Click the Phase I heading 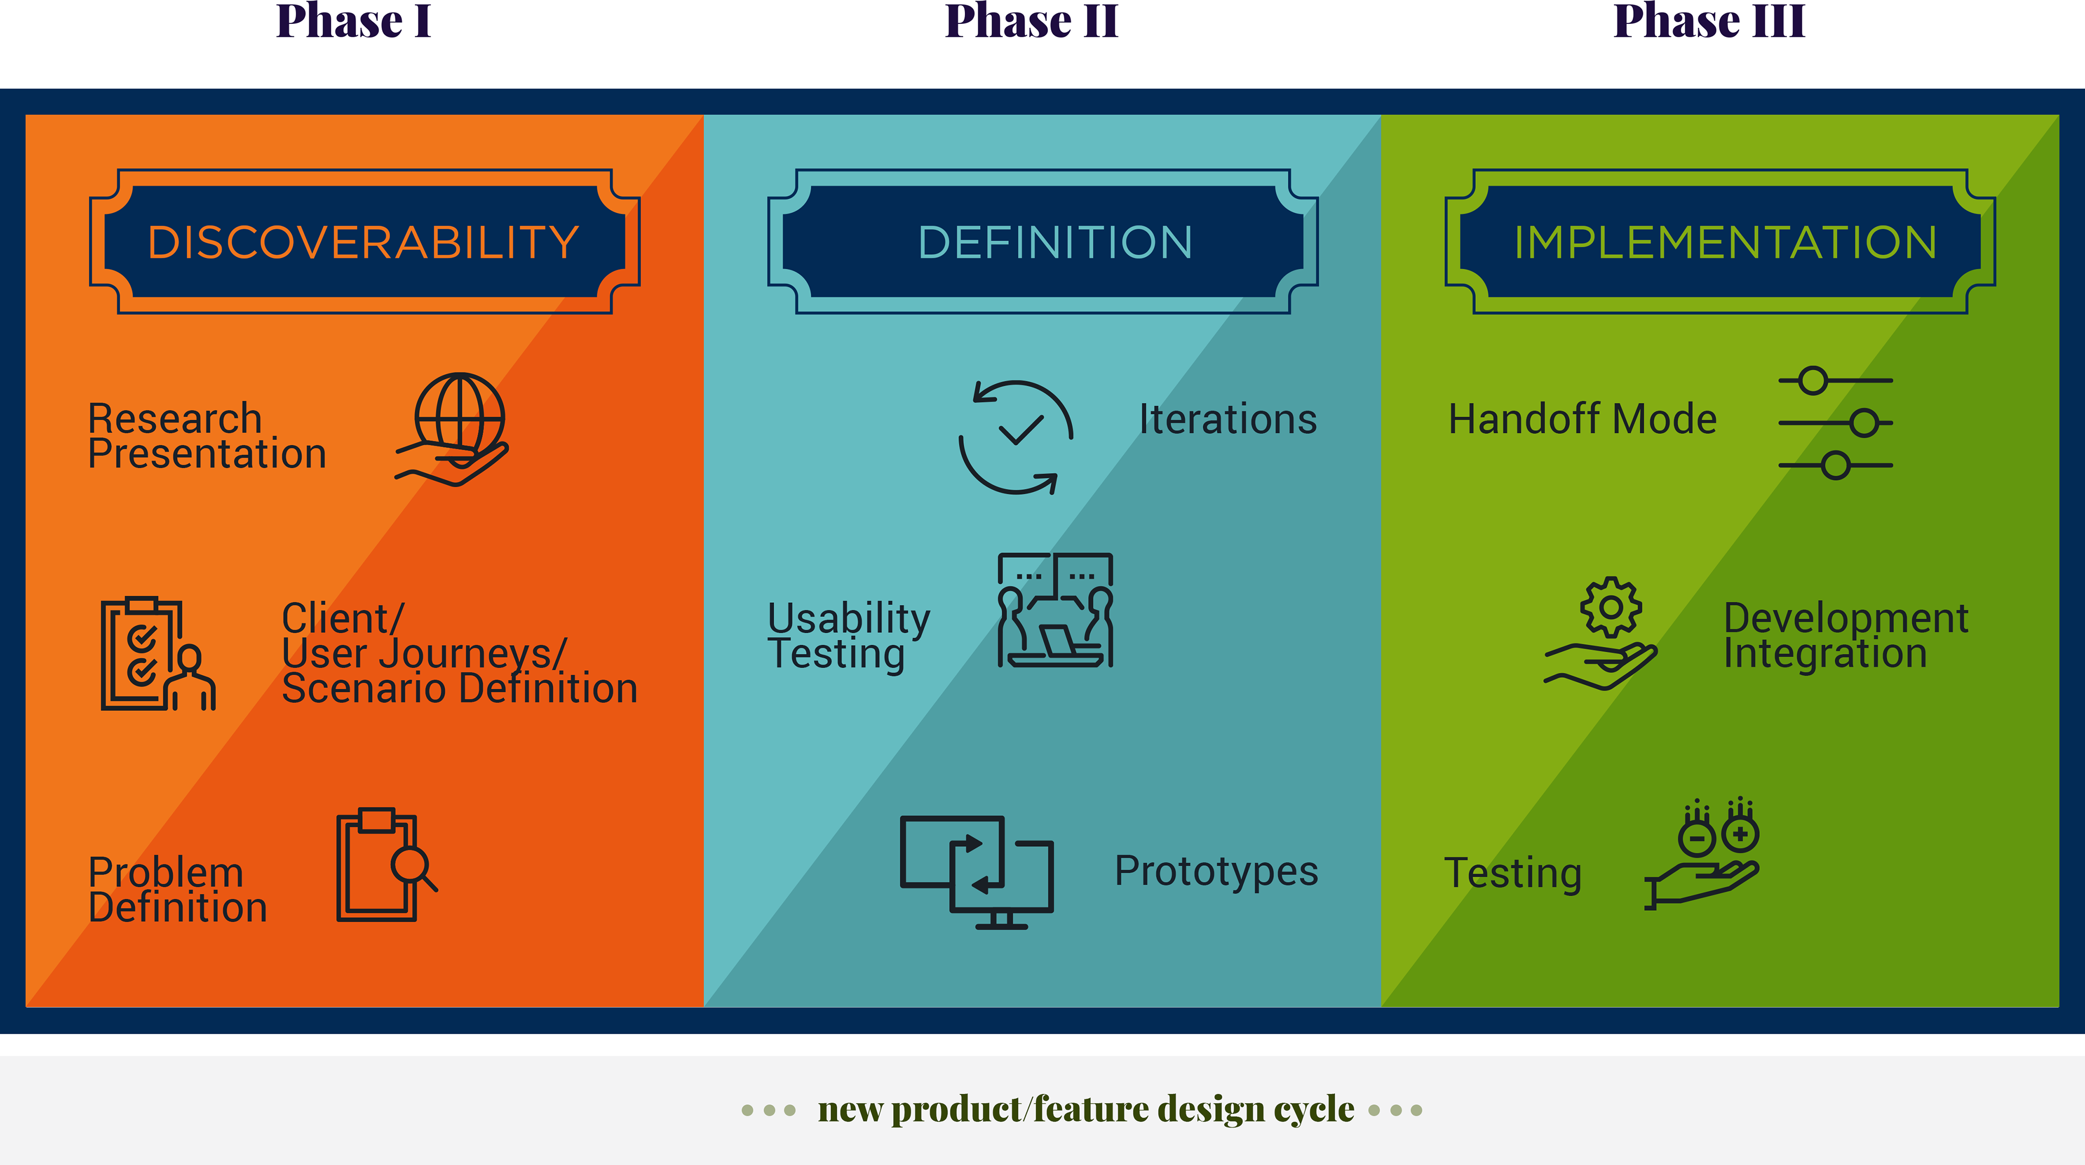click(x=353, y=21)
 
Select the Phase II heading click(x=1032, y=21)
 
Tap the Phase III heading click(x=1709, y=21)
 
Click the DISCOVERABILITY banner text click(x=363, y=242)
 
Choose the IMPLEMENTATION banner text click(x=1726, y=242)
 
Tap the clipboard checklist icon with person click(x=159, y=654)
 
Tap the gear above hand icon click(x=1601, y=633)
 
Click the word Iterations click(x=1228, y=419)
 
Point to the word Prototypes click(x=1216, y=871)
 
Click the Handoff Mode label click(x=1582, y=419)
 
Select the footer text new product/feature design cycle click(x=1086, y=1109)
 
